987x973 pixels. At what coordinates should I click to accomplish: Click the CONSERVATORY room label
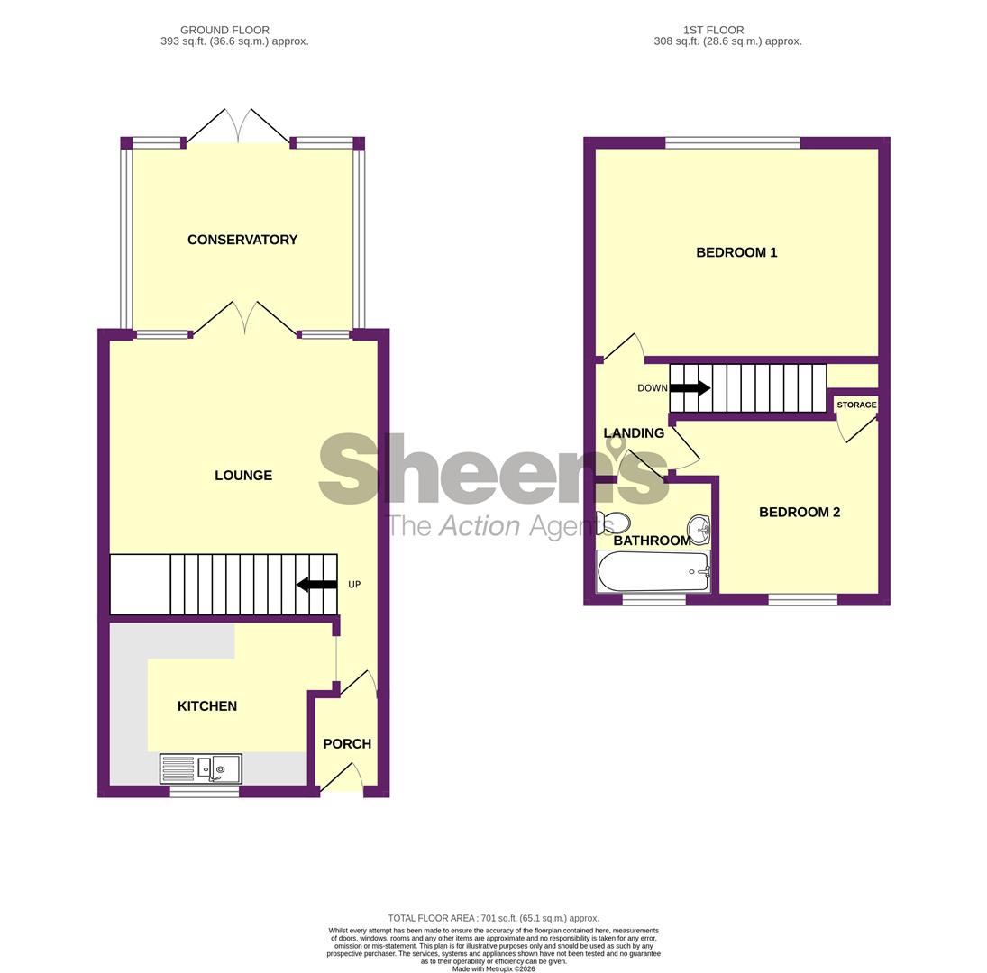pyautogui.click(x=242, y=240)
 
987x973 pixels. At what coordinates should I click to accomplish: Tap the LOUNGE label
pyautogui.click(x=243, y=476)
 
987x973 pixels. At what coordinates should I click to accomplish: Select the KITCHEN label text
pyautogui.click(x=207, y=706)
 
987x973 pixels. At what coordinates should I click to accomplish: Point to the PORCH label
pyautogui.click(x=347, y=744)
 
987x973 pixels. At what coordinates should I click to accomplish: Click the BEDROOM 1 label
pyautogui.click(x=736, y=253)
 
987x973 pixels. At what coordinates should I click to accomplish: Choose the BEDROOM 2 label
pyautogui.click(x=799, y=513)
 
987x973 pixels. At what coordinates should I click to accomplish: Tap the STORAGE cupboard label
pyautogui.click(x=856, y=405)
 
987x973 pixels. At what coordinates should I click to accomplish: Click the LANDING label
pyautogui.click(x=634, y=433)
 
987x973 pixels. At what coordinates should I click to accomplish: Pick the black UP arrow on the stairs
pyautogui.click(x=316, y=585)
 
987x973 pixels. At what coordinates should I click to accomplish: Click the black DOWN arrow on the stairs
pyautogui.click(x=690, y=388)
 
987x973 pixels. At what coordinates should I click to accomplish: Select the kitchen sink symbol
pyautogui.click(x=201, y=768)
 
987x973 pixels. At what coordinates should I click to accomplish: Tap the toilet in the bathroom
pyautogui.click(x=614, y=522)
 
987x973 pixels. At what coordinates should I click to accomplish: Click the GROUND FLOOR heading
pyautogui.click(x=224, y=30)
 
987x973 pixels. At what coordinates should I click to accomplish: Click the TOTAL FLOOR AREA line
pyautogui.click(x=493, y=918)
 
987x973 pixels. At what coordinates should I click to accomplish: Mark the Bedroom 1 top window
pyautogui.click(x=732, y=142)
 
